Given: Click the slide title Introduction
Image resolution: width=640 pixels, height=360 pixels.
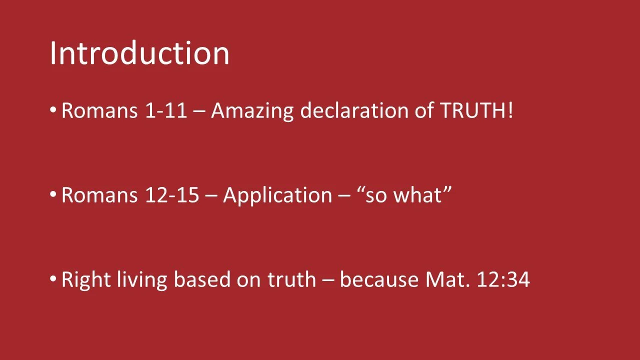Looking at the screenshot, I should point(139,53).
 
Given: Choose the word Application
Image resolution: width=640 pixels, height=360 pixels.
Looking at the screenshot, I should point(277,195).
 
